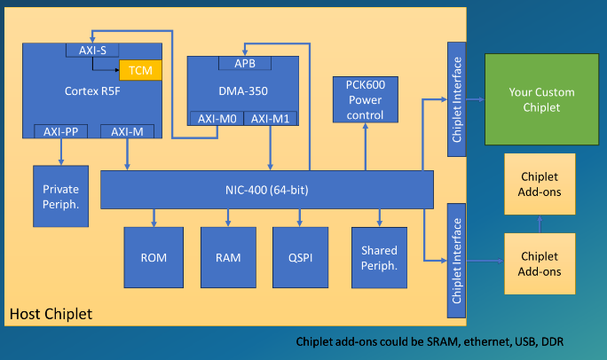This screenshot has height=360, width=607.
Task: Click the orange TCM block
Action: coord(139,70)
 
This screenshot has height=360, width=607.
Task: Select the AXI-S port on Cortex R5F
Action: coord(92,51)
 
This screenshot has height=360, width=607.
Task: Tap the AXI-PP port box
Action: coord(59,132)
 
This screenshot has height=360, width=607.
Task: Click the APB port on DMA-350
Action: coord(245,64)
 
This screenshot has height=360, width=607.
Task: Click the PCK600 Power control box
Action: coord(365,99)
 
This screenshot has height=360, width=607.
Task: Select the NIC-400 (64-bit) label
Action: coord(266,190)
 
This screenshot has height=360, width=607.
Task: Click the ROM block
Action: coord(154,258)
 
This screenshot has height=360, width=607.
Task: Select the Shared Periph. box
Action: coord(380,258)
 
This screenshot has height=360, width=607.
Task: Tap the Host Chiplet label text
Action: coord(51,315)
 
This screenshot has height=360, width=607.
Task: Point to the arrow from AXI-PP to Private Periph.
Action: coord(59,152)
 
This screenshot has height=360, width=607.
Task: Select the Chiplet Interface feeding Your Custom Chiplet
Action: coord(456,99)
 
